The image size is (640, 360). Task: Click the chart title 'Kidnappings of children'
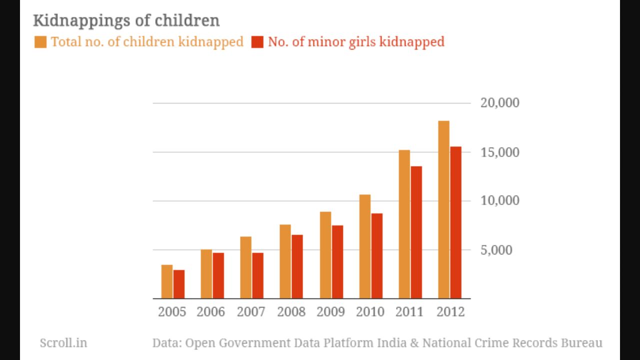[x=126, y=20]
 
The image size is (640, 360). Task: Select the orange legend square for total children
[x=40, y=41]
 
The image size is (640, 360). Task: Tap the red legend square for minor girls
[x=257, y=41]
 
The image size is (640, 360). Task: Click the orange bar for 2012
[x=443, y=209]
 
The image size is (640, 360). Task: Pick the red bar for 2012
[x=455, y=222]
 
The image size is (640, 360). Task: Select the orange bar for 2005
[x=167, y=281]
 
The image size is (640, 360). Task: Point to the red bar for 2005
[x=179, y=284]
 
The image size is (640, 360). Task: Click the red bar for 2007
[x=257, y=275]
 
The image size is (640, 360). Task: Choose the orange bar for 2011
[x=404, y=224]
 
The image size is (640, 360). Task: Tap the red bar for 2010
[x=376, y=256]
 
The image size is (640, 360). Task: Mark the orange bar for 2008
[x=285, y=261]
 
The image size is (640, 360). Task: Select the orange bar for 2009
[x=325, y=255]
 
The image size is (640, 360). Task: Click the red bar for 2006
[x=218, y=275]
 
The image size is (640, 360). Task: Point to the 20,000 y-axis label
[x=499, y=103]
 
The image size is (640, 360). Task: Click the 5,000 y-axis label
[x=496, y=250]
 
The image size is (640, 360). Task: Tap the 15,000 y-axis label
[x=499, y=152]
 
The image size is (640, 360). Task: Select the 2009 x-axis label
[x=330, y=312]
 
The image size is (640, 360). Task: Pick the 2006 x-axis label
[x=210, y=312]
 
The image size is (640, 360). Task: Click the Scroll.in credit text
[x=63, y=343]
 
